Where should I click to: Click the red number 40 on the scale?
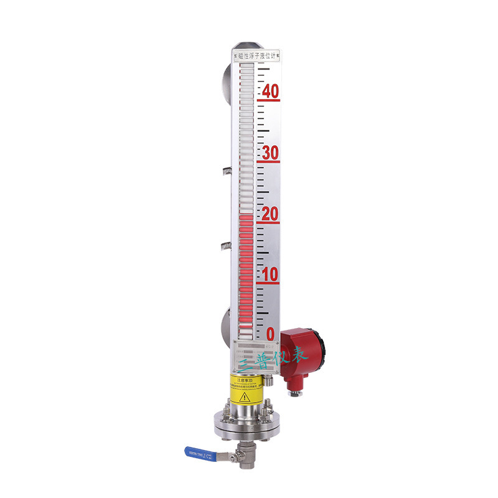coord(270,91)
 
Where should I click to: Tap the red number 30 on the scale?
coord(270,153)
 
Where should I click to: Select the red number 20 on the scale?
coord(270,214)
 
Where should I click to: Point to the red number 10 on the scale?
coord(270,275)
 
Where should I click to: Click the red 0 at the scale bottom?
coord(270,334)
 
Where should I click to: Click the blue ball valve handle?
coord(199,453)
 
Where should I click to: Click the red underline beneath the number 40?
coord(270,100)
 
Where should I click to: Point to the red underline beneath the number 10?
coord(270,284)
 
